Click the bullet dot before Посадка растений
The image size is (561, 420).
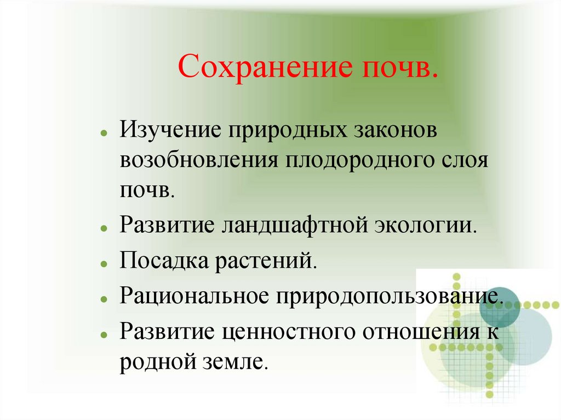pos(104,263)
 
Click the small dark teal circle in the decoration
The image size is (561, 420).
pos(499,307)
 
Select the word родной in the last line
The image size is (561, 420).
pos(159,362)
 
